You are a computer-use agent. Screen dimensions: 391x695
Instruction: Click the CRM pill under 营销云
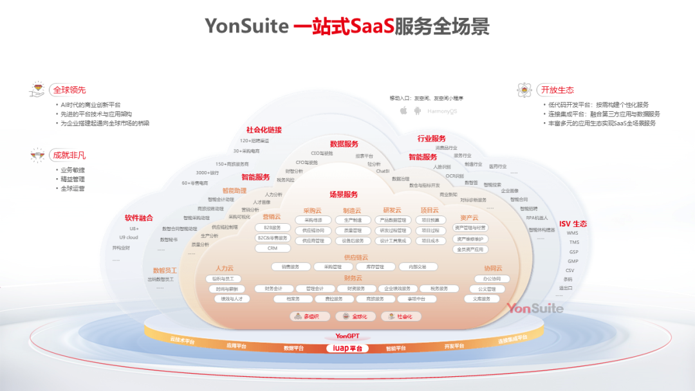[x=272, y=248]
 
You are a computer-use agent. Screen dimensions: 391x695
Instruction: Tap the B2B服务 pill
[x=272, y=227]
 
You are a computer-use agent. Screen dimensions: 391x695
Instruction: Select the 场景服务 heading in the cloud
[x=343, y=194]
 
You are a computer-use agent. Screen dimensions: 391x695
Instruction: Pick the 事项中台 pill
[x=412, y=299]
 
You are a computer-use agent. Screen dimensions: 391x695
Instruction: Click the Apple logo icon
[x=403, y=111]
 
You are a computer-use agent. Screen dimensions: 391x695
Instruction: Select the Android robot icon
[x=418, y=111]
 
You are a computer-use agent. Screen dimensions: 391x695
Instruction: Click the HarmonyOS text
[x=443, y=111]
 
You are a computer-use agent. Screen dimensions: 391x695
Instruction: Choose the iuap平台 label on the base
[x=347, y=348]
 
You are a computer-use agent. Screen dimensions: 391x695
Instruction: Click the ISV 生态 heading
[x=573, y=224]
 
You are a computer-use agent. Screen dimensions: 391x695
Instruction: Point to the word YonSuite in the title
[x=246, y=26]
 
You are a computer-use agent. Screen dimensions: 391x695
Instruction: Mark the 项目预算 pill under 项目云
[x=431, y=220]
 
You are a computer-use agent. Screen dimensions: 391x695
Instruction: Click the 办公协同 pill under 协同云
[x=492, y=279]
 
